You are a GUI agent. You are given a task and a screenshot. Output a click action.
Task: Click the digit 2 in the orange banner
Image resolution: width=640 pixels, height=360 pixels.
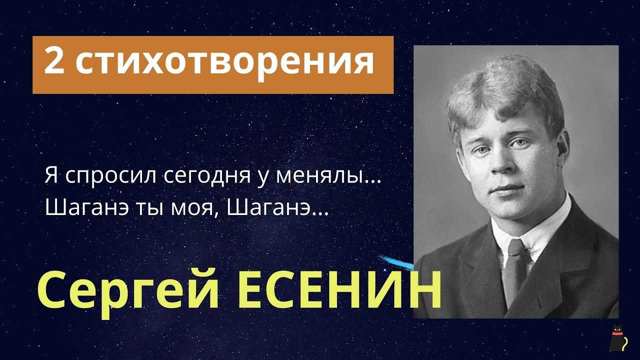coord(54,60)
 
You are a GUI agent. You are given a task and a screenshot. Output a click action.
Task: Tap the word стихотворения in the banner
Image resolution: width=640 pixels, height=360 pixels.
coord(224,63)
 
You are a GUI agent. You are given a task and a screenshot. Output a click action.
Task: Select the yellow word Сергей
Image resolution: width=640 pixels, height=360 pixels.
coord(128,290)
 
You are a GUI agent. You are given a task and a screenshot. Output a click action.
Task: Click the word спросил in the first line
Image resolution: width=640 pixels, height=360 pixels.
coord(111,176)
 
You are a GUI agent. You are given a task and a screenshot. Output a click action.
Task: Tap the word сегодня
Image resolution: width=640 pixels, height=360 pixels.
coord(207,176)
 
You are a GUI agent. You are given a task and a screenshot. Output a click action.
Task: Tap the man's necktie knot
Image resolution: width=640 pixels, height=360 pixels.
coord(516,247)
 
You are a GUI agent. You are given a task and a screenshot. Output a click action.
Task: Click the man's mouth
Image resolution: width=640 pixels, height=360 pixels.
coord(507,188)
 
